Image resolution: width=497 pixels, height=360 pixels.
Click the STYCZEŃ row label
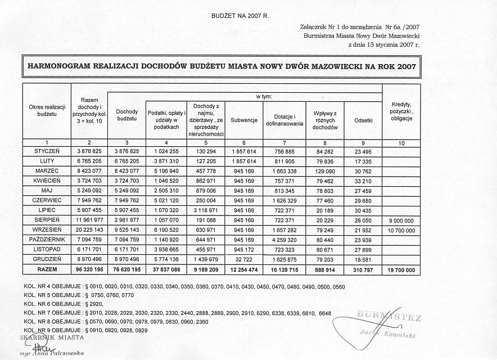tap(47, 151)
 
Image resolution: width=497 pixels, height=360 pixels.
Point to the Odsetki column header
tap(363, 120)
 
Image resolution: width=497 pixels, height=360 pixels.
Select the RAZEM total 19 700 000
tap(401, 271)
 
